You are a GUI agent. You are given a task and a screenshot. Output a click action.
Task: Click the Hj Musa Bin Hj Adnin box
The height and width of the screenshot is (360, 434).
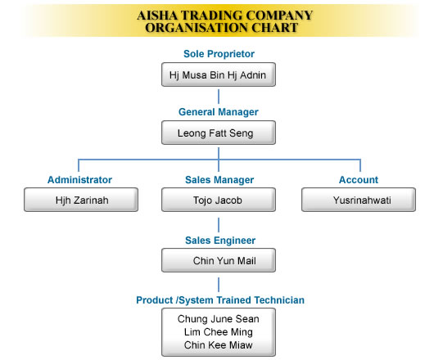219,74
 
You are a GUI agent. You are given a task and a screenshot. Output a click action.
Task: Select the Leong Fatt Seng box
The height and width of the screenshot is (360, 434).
219,133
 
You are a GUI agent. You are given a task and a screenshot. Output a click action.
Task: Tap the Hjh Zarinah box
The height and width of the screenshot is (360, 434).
81,200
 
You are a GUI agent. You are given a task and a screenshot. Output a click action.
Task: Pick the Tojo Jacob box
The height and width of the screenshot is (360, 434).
219,200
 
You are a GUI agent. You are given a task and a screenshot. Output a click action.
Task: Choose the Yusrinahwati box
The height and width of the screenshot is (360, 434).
359,200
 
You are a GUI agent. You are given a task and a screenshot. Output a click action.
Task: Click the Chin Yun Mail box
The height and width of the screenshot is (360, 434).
219,260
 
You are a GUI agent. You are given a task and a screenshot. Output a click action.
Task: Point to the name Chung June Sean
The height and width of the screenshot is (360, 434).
219,319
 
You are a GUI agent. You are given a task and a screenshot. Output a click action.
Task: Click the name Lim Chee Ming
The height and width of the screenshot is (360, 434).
219,332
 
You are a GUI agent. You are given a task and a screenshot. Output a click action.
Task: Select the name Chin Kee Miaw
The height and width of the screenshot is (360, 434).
219,345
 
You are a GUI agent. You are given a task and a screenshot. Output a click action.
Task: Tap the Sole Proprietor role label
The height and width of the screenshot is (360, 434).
219,54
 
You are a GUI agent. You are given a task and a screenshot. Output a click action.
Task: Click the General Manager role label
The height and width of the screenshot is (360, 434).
219,112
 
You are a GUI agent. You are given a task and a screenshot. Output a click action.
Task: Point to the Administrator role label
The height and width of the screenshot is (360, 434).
79,180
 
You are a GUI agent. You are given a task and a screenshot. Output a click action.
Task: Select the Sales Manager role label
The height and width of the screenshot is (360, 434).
219,180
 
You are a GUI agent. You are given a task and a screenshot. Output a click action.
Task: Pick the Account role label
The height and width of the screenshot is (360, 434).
359,180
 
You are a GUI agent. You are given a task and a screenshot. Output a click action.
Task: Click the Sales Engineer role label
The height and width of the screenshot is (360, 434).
220,241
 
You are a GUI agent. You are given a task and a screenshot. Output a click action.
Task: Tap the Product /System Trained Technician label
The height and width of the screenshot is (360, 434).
220,300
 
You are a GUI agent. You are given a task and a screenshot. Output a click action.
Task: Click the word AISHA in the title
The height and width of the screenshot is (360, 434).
157,16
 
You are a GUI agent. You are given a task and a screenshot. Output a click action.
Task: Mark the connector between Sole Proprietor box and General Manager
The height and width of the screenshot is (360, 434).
219,97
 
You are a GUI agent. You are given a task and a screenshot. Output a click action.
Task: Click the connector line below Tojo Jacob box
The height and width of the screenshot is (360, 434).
219,225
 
